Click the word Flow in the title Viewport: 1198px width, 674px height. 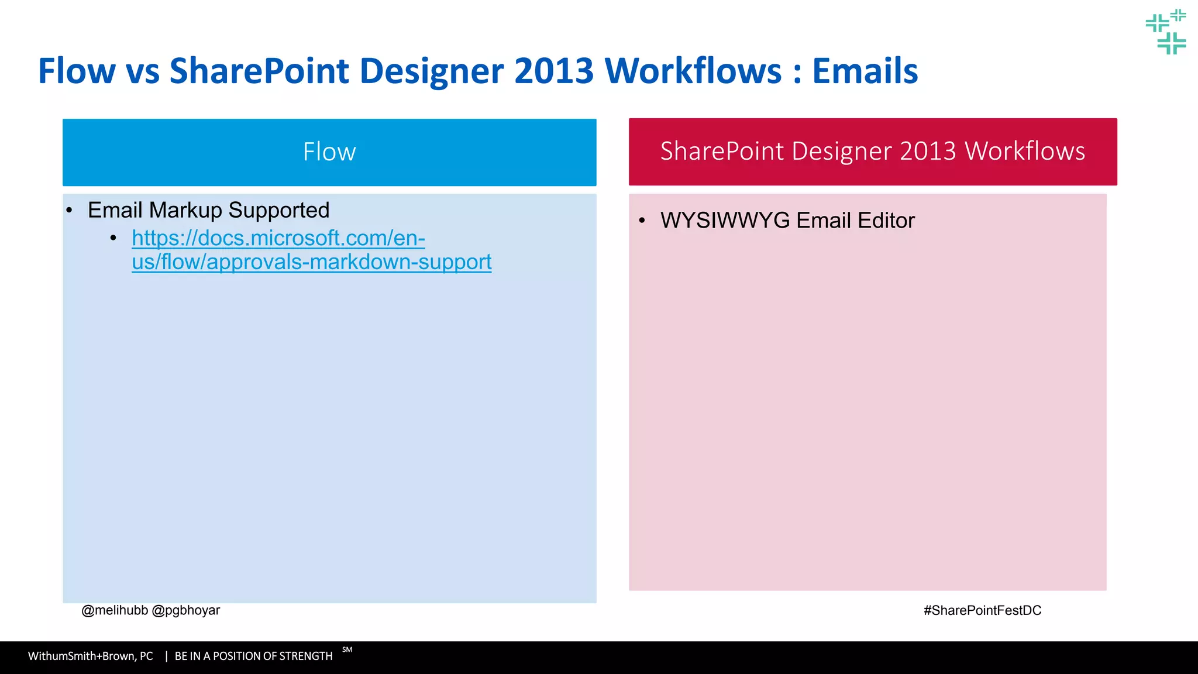pyautogui.click(x=77, y=71)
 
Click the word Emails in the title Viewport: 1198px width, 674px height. pyautogui.click(x=865, y=71)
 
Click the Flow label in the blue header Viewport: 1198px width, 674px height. pyautogui.click(x=329, y=152)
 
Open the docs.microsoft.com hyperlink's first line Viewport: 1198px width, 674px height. pyautogui.click(x=278, y=238)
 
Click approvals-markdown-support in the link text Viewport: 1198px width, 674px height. pyautogui.click(x=349, y=262)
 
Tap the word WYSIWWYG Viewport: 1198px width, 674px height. pyautogui.click(x=725, y=221)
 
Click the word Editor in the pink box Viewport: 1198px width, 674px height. pyautogui.click(x=886, y=221)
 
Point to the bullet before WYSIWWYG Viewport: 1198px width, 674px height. pyautogui.click(x=642, y=221)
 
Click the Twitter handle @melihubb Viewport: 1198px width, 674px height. pyautogui.click(x=115, y=610)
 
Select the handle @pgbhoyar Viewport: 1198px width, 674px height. pyautogui.click(x=185, y=610)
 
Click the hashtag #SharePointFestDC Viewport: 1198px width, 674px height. pyautogui.click(x=982, y=610)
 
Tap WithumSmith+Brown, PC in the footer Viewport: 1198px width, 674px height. pyautogui.click(x=90, y=656)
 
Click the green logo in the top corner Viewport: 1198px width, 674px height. pyautogui.click(x=1165, y=32)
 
